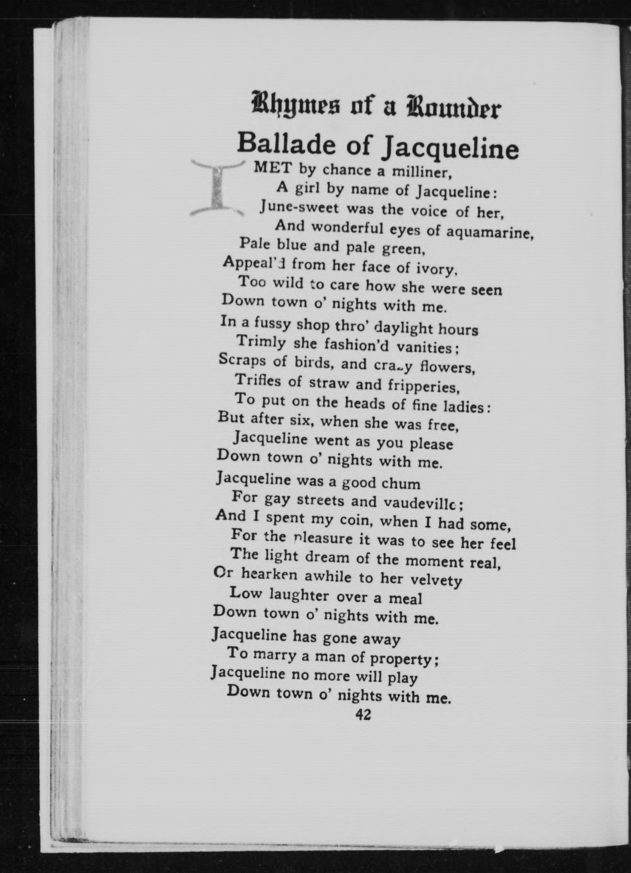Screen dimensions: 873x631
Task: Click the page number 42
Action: (363, 715)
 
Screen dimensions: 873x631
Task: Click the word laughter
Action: (299, 596)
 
